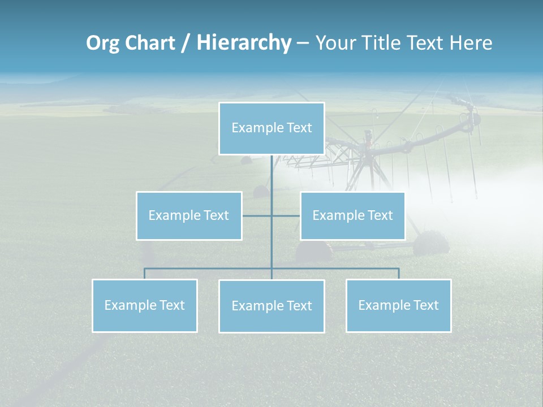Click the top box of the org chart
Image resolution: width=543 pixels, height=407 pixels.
pyautogui.click(x=271, y=128)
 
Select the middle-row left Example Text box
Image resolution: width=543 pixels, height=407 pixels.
pyautogui.click(x=189, y=215)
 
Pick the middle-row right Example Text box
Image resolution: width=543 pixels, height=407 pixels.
pyautogui.click(x=352, y=215)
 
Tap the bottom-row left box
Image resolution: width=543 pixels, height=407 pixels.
pyautogui.click(x=145, y=305)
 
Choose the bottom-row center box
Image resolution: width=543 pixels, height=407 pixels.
pyautogui.click(x=271, y=306)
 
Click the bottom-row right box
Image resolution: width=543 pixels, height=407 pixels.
pyautogui.click(x=398, y=305)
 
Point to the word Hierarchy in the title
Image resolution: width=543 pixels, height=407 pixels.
pyautogui.click(x=244, y=43)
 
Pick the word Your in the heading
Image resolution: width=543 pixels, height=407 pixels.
pyautogui.click(x=334, y=43)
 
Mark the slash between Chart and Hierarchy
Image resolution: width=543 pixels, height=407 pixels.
pyautogui.click(x=186, y=44)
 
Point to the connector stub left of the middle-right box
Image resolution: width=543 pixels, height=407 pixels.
pyautogui.click(x=286, y=215)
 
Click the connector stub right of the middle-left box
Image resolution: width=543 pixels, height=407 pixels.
pyautogui.click(x=257, y=215)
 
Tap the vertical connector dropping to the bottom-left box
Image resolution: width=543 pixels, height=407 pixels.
pyautogui.click(x=145, y=274)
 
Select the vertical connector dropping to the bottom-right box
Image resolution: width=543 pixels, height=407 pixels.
pyautogui.click(x=398, y=274)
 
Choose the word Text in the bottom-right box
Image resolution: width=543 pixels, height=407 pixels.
pyautogui.click(x=425, y=305)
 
